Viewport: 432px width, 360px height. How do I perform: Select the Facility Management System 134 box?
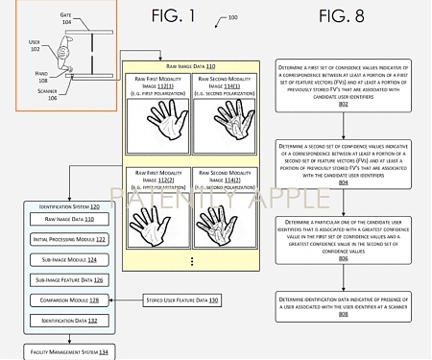coord(63,353)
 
